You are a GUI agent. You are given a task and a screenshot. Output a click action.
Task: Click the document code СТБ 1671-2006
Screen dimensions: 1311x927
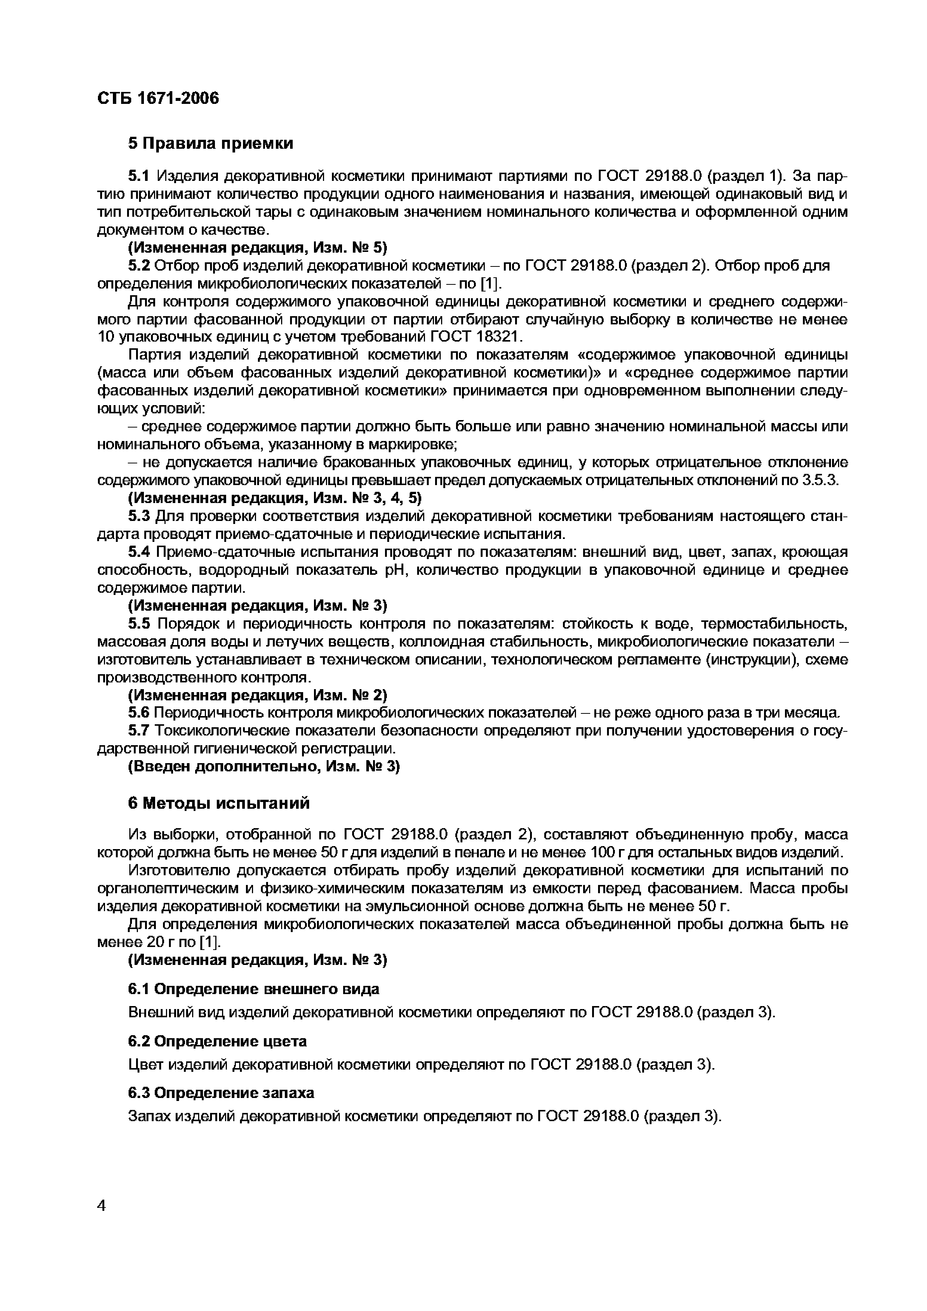[158, 99]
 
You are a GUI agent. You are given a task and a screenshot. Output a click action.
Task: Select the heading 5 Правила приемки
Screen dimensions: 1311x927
[210, 143]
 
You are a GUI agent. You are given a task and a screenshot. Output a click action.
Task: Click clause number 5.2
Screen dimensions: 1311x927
[139, 265]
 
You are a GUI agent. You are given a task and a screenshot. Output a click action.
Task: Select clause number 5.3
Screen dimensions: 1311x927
[139, 516]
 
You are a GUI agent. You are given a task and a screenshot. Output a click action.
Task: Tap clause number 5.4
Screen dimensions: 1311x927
[139, 552]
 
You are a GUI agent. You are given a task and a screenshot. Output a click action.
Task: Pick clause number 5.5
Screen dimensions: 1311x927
[139, 623]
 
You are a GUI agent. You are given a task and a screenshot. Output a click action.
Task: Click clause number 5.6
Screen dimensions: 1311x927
[139, 713]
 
